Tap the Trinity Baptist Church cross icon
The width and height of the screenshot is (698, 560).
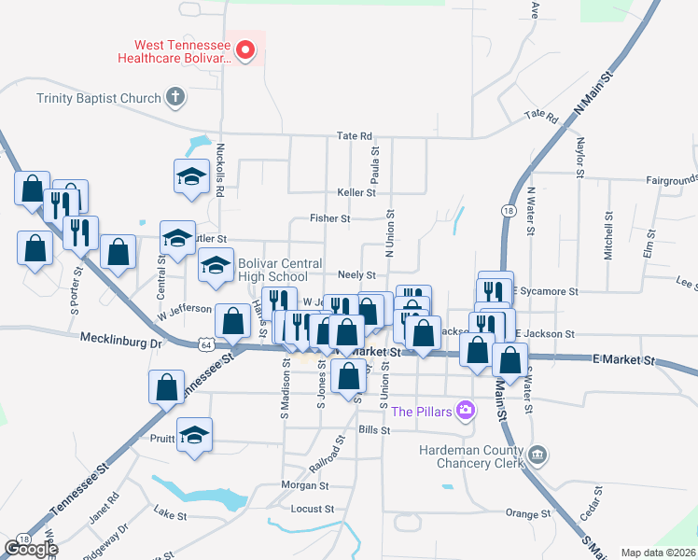tap(174, 96)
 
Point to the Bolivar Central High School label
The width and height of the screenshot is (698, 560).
tap(272, 270)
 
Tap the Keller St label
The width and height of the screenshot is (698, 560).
tap(356, 192)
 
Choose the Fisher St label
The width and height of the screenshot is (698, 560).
tap(329, 218)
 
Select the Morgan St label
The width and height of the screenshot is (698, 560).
tap(305, 485)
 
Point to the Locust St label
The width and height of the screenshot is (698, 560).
tap(312, 509)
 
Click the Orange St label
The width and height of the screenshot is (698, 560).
tap(528, 513)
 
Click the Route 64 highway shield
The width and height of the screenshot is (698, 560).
tap(204, 344)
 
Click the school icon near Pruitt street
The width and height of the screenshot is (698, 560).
tap(194, 435)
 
